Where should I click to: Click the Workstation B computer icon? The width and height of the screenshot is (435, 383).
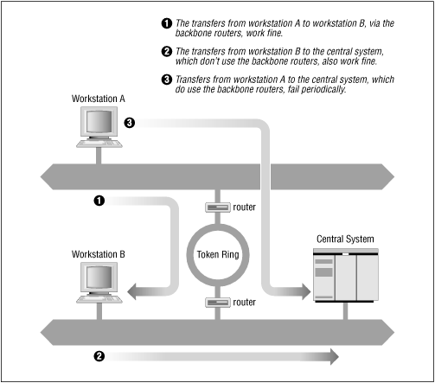(x=99, y=282)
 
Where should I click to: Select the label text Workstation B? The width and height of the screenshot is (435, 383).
(x=99, y=254)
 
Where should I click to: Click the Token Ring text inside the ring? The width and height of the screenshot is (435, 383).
(x=217, y=256)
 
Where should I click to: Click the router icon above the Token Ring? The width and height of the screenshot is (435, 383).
(x=216, y=207)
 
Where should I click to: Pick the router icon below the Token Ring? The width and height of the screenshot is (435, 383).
(x=216, y=303)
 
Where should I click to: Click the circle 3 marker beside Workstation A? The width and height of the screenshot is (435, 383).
(x=130, y=123)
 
